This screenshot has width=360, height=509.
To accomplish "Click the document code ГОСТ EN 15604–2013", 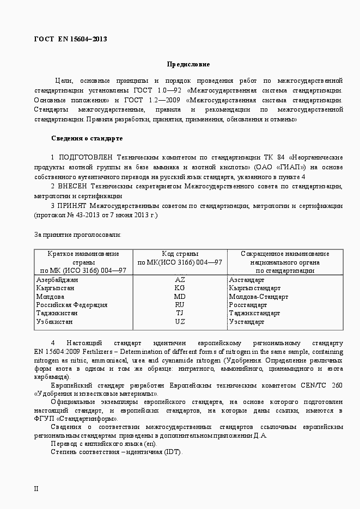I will coord(70,39).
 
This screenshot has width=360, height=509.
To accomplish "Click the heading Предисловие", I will coord(188,64).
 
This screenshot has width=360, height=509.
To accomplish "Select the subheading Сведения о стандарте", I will coord(87,138).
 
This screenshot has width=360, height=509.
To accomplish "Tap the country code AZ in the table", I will coord(180,279).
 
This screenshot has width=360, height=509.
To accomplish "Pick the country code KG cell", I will coord(180,288).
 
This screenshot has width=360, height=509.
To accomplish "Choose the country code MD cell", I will coord(180,297).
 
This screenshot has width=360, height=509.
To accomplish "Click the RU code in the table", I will coord(180,305).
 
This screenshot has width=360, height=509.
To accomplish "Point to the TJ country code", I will coord(180,314).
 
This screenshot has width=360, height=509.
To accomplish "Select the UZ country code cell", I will coord(180,322).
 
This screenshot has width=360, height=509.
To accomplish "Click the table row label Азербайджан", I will coord(57,279).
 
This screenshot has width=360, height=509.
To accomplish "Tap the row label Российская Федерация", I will coord(71,305).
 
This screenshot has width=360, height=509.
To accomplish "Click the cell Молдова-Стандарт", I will coord(259,297).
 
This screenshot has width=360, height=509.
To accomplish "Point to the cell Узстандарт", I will coord(247,322).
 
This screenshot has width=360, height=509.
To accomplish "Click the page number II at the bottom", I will coord(36,488).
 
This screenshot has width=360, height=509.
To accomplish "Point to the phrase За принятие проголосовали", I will coord(77,235).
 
